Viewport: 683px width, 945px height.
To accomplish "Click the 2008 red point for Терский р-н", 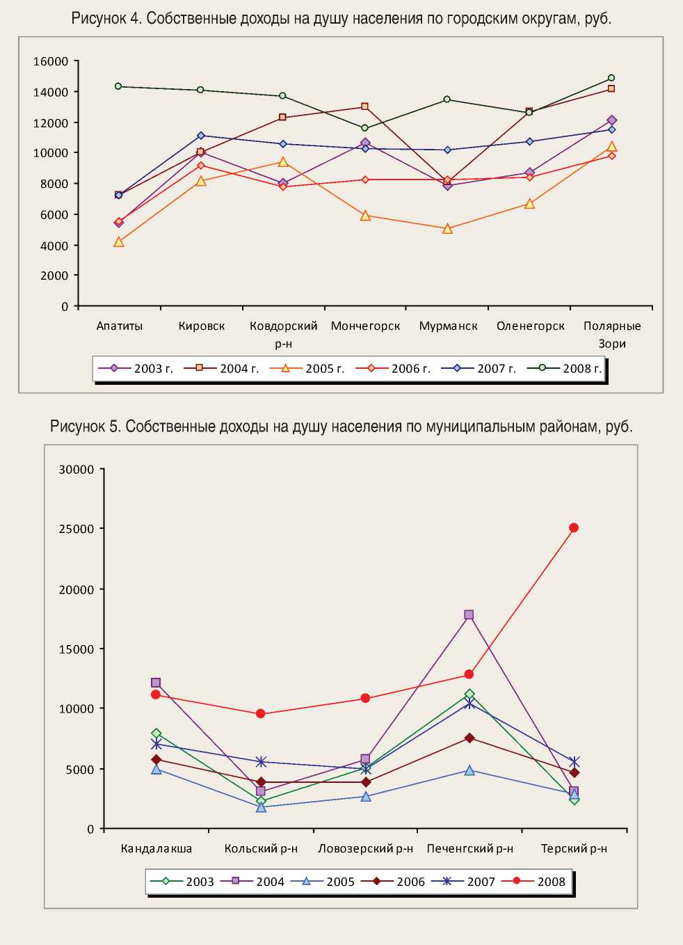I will pos(574,527).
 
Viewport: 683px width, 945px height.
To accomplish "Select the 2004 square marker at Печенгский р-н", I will pos(469,614).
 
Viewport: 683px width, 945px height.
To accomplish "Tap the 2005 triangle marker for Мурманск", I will pos(447,228).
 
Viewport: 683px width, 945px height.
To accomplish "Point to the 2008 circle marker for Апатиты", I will pos(118,86).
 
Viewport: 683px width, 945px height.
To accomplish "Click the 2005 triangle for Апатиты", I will pos(119,242).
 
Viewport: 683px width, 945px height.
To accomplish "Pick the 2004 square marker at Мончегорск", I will pos(365,106).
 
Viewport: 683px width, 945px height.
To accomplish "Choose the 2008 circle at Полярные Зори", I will pos(611,78).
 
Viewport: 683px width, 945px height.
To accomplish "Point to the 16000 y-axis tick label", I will pos(51,61).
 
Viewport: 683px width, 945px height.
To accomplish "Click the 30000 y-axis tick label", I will pos(77,470).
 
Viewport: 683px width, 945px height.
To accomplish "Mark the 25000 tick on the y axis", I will pos(77,529).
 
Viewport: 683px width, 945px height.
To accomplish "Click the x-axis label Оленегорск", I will pos(530,326).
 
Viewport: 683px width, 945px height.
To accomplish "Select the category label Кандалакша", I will pos(156,848).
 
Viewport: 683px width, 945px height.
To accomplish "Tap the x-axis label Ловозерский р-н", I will pos(365,848).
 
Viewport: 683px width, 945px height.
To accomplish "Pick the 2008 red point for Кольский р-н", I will pos(261,713).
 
